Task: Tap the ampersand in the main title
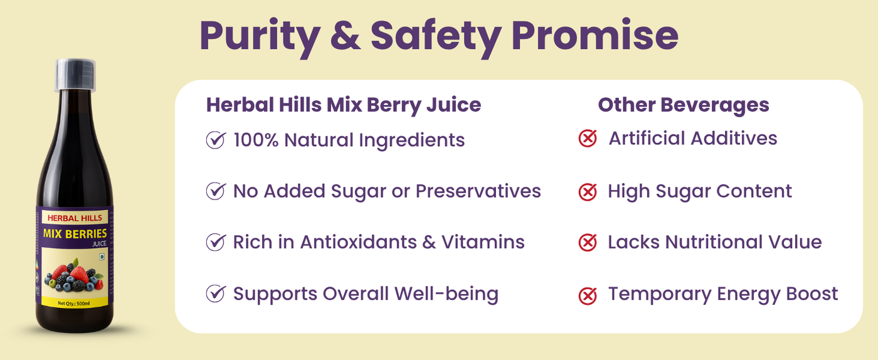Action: point(346,35)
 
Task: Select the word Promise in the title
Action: point(595,35)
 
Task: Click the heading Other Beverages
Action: point(683,105)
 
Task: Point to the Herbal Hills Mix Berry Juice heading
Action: point(344,105)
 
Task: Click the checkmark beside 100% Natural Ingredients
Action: point(216,140)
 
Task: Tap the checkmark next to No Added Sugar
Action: point(216,191)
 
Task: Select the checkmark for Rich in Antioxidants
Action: point(216,242)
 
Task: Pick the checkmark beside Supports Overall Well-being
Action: point(216,294)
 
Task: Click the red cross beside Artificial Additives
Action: point(588,138)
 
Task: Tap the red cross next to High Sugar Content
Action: point(588,192)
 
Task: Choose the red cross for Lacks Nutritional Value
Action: point(588,242)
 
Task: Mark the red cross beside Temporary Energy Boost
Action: point(588,295)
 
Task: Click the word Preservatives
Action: point(478,191)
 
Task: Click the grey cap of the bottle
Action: point(75,75)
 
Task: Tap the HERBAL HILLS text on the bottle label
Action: point(75,218)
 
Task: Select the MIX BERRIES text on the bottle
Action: point(75,234)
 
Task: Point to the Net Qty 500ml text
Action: point(74,303)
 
